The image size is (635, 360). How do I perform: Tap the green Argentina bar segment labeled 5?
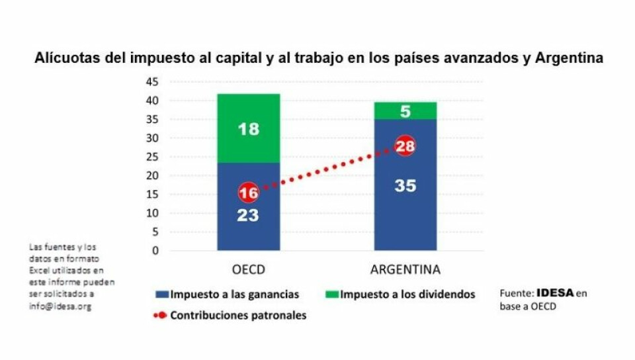point(405,111)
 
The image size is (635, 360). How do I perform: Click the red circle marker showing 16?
point(248,193)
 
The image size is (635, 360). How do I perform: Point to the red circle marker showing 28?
point(405,146)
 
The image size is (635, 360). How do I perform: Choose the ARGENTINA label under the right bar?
point(405,270)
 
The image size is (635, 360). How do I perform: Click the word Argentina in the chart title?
point(570,59)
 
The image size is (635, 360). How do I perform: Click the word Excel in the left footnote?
point(40,270)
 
